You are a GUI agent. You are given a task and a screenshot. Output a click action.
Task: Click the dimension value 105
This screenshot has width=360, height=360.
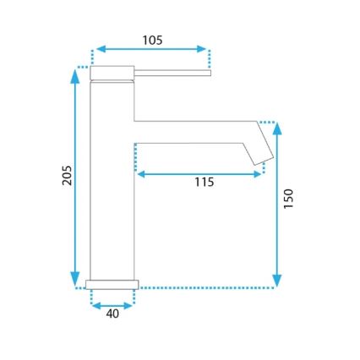pyautogui.click(x=152, y=40)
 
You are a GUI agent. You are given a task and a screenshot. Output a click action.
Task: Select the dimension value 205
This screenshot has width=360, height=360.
pyautogui.click(x=68, y=175)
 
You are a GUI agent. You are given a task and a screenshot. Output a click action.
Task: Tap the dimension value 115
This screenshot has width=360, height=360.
pyautogui.click(x=203, y=182)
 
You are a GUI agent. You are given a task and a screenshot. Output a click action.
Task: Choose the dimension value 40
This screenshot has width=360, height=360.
pyautogui.click(x=113, y=314)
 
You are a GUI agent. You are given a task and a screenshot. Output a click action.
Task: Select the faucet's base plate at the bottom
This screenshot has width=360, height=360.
pyautogui.click(x=112, y=283)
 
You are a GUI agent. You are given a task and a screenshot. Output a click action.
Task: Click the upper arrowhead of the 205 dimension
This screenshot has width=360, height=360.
pyautogui.click(x=75, y=72)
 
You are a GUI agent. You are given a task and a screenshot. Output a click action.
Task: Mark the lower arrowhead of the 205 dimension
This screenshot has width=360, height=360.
pyautogui.click(x=75, y=281)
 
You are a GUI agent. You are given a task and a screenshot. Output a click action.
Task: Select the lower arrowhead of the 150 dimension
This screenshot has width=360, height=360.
pyautogui.click(x=278, y=281)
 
